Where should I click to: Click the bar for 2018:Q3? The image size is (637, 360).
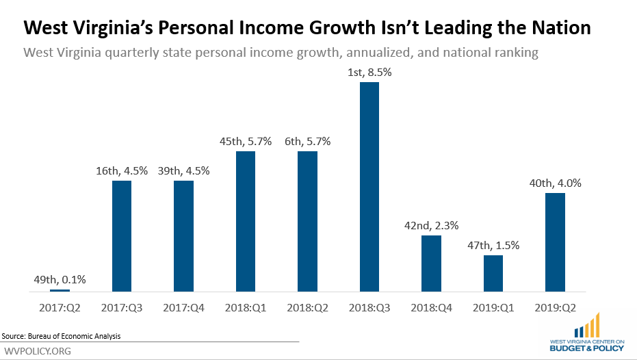[x=369, y=187]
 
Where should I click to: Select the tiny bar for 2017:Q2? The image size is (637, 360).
[x=60, y=290]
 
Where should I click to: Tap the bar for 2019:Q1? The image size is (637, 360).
[x=493, y=273]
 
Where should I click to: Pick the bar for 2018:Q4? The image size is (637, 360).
[x=431, y=263]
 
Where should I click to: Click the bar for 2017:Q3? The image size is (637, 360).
[x=122, y=236]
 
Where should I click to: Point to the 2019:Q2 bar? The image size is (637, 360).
[x=554, y=242]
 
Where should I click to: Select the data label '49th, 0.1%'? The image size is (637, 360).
[x=60, y=279]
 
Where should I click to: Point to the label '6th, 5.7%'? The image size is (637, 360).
[x=307, y=142]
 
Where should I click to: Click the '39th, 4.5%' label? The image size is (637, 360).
[x=183, y=171]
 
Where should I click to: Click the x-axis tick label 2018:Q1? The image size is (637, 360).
[x=245, y=309]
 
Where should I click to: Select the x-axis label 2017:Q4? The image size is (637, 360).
[x=183, y=309]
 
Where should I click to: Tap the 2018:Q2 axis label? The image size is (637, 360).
[x=307, y=309]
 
